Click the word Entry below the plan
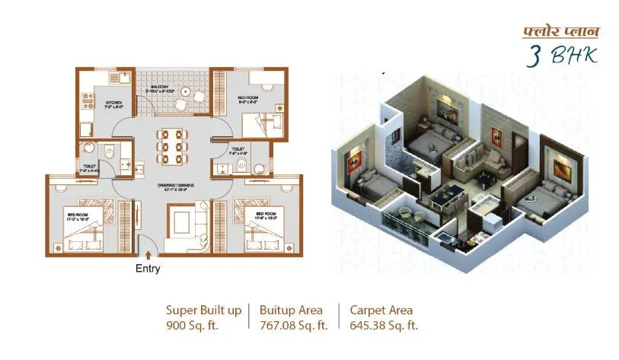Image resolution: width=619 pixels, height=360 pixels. pos(148,269)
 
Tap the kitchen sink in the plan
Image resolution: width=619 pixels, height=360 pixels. pos(113,77)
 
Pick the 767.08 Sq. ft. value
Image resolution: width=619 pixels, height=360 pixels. pos(293,325)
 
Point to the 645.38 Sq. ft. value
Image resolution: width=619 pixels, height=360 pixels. pos(384,325)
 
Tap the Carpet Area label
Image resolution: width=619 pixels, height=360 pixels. pos(381,310)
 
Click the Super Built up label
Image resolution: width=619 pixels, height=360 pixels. pos(203,310)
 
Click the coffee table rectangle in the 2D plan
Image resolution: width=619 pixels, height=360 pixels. pos(180,222)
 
